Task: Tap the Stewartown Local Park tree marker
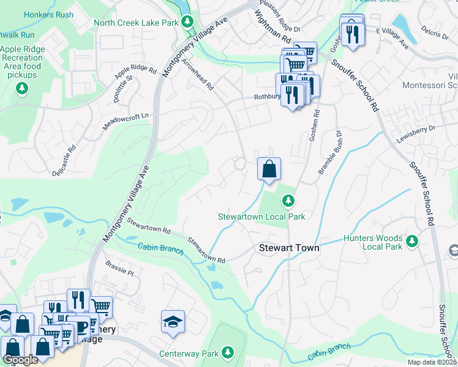coord(288,201)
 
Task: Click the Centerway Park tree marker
coord(228,352)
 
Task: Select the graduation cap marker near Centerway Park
coord(173,322)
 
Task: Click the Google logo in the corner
coord(20,360)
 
